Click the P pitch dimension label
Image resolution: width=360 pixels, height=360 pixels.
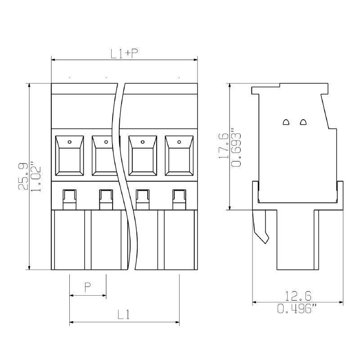click(x=88, y=287)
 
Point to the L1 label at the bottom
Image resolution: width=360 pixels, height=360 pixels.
click(x=124, y=314)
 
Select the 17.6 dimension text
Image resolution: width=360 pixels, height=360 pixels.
click(x=223, y=146)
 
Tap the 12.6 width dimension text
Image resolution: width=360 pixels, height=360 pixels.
click(x=297, y=296)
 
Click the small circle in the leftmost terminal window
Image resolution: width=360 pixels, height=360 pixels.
click(x=69, y=142)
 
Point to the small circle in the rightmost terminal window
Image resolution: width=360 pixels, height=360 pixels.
click(x=179, y=142)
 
